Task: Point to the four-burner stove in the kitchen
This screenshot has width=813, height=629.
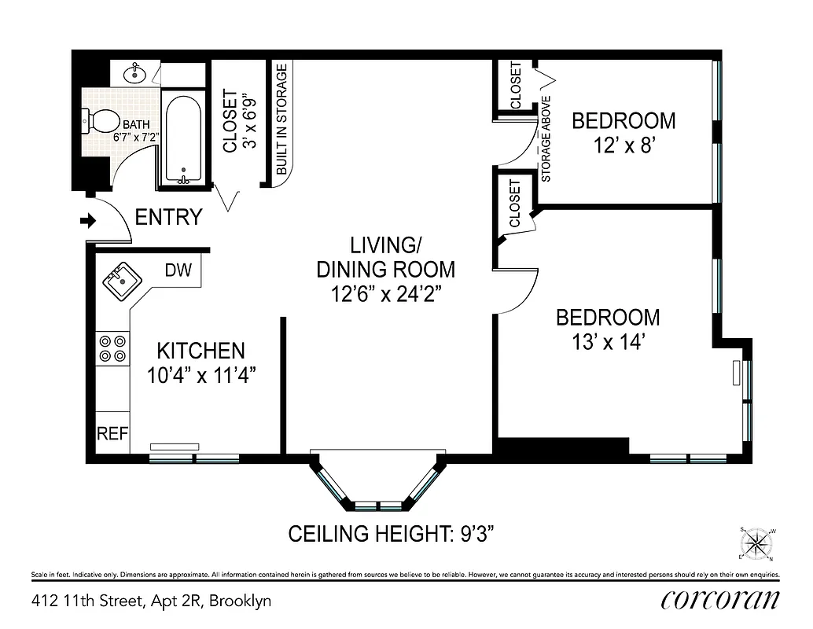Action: tap(112, 348)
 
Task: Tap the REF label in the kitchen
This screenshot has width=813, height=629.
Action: tap(112, 434)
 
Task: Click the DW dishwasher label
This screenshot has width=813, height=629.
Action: tap(178, 270)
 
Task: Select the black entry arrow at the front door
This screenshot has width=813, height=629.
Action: tap(87, 222)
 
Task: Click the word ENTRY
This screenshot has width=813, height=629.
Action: tap(168, 217)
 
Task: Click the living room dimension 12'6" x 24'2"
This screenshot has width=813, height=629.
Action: tap(385, 295)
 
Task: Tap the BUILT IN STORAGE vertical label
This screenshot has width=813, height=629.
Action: tap(281, 120)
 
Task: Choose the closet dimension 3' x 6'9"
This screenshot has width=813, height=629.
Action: tap(249, 122)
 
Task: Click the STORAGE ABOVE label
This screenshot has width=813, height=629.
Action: tap(546, 139)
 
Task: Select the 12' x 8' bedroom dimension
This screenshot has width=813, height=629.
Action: tap(623, 146)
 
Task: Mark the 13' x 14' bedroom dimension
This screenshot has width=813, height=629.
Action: tap(608, 342)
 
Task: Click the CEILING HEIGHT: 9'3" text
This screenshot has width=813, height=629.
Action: tap(391, 535)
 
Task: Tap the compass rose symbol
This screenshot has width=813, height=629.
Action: tap(756, 542)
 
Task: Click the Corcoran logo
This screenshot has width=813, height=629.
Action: tap(720, 600)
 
